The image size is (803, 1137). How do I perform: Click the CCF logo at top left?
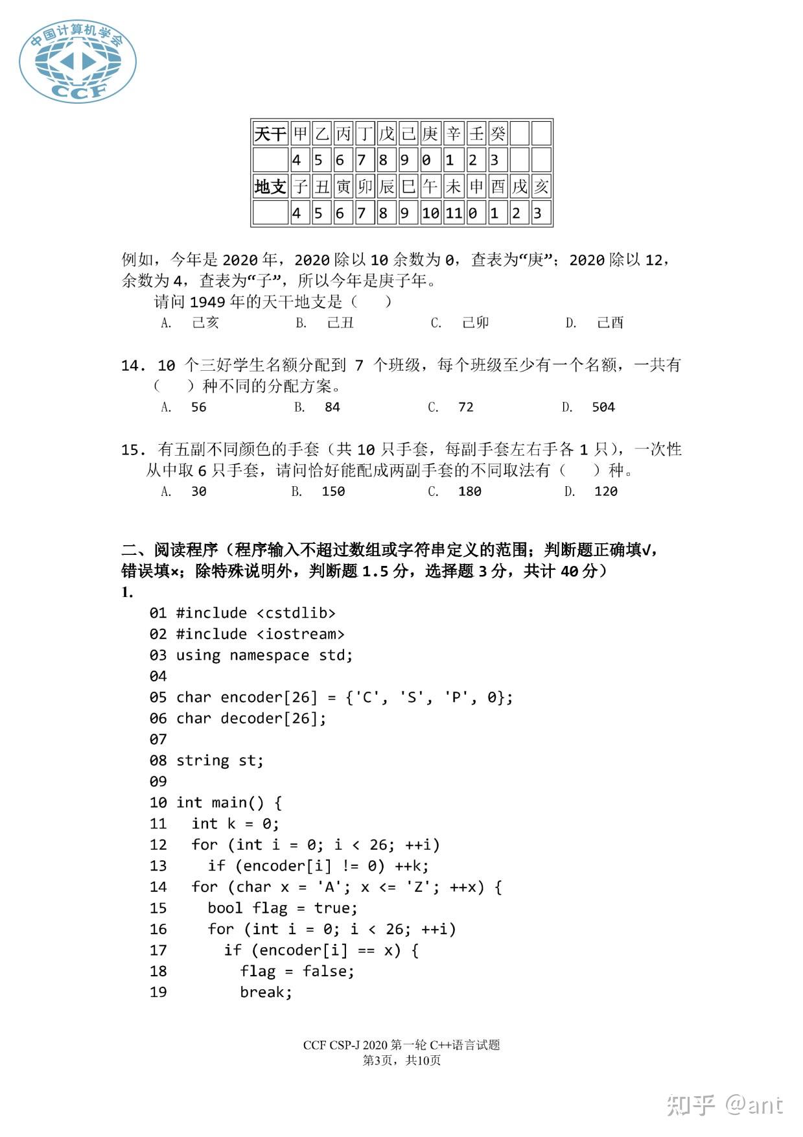click(x=77, y=61)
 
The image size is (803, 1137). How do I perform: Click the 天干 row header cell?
click(x=270, y=134)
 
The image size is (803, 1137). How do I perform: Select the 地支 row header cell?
click(x=270, y=187)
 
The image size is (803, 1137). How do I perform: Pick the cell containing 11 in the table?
click(x=453, y=213)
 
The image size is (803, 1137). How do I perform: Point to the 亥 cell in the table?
click(x=541, y=187)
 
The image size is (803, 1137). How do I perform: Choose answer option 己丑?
click(x=340, y=323)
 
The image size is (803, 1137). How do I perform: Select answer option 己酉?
click(x=610, y=323)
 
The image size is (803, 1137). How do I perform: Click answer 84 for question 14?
click(x=332, y=407)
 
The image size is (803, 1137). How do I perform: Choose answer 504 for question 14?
click(x=603, y=407)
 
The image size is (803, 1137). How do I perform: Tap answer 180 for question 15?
click(x=469, y=491)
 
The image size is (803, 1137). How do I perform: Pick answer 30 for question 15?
click(x=198, y=491)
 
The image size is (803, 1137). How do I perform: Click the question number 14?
click(x=133, y=366)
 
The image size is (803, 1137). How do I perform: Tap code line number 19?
click(x=158, y=992)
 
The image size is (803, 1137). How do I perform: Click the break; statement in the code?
click(x=266, y=992)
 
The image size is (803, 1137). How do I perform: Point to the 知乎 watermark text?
click(x=691, y=1105)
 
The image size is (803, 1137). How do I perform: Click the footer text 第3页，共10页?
click(x=401, y=1061)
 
